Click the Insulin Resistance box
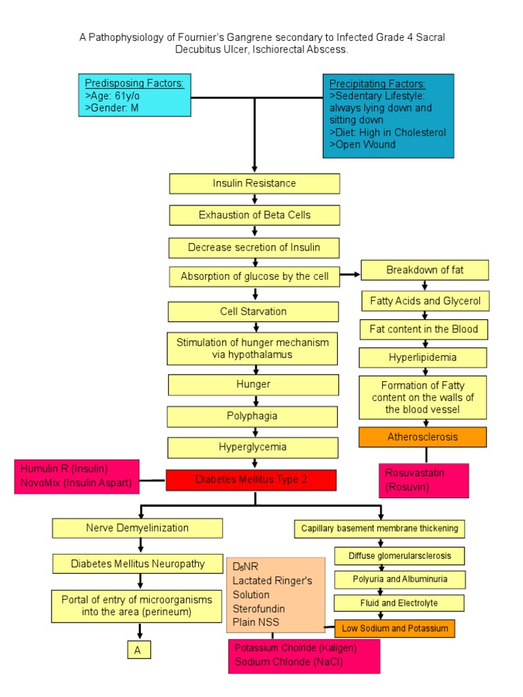254,184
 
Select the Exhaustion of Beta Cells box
254,215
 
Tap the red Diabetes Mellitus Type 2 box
251,480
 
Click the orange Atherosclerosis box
422,437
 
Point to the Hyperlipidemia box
422,357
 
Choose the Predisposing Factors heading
134,83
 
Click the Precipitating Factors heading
377,84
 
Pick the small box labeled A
138,650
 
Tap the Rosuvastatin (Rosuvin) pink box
423,480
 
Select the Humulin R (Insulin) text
64,469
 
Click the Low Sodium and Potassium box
395,628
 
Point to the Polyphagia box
253,416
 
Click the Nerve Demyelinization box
138,528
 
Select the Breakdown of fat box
424,270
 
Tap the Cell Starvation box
253,312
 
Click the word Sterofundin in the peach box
259,609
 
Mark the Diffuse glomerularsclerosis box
399,555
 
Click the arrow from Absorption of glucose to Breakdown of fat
349,275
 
